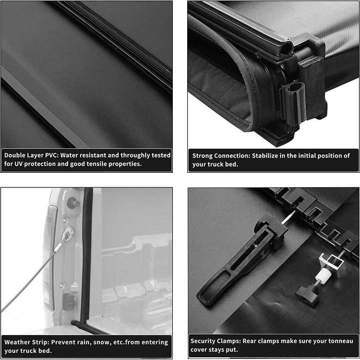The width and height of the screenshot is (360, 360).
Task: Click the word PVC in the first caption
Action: pos(51,156)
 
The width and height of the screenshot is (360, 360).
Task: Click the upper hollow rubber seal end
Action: pos(286,48)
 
